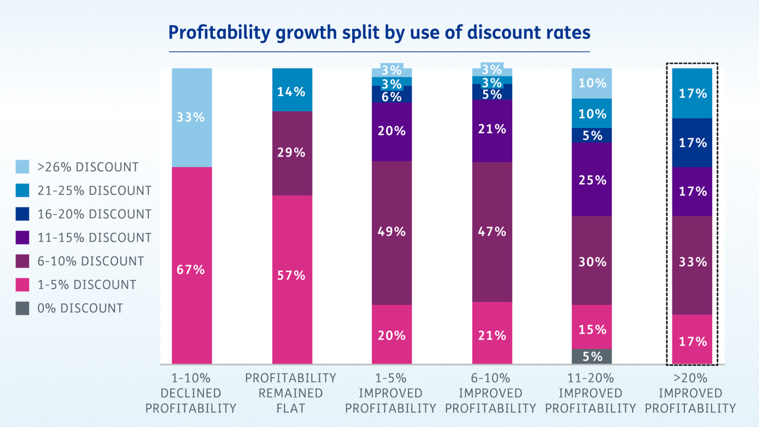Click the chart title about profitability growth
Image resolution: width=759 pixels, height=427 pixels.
click(x=379, y=32)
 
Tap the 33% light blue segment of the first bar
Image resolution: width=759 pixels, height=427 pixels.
click(x=192, y=117)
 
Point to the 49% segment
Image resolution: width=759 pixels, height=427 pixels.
click(x=391, y=232)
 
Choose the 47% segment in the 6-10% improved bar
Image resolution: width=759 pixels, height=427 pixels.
click(x=492, y=231)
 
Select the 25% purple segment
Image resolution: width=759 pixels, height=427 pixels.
click(x=592, y=179)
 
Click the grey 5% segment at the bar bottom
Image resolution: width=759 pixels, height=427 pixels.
click(x=592, y=356)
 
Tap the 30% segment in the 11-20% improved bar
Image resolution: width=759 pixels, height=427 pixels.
click(x=592, y=260)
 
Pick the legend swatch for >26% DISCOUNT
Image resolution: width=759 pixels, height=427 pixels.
click(x=23, y=167)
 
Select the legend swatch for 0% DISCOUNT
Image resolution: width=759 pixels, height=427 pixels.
click(x=23, y=308)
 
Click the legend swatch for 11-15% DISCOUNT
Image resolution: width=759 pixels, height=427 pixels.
click(x=23, y=237)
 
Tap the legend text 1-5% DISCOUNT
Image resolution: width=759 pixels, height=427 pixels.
click(x=87, y=285)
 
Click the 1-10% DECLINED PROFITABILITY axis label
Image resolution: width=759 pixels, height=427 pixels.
click(x=190, y=393)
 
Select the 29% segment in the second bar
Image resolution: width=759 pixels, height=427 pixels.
click(x=292, y=153)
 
